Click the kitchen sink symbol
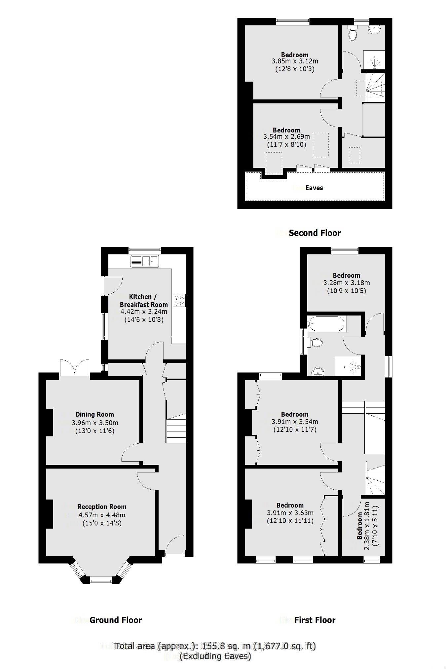point(145,261)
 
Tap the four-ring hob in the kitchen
point(179,300)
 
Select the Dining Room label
point(94,414)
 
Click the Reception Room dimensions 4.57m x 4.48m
point(102,515)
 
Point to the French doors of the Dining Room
point(75,367)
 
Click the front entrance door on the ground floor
point(174,545)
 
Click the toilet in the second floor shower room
point(352,33)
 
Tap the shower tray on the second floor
point(374,60)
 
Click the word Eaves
point(314,188)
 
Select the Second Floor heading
point(315,233)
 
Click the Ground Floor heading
point(115,620)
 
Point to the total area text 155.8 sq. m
point(215,646)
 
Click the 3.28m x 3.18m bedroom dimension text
point(346,283)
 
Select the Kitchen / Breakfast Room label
point(143,301)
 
